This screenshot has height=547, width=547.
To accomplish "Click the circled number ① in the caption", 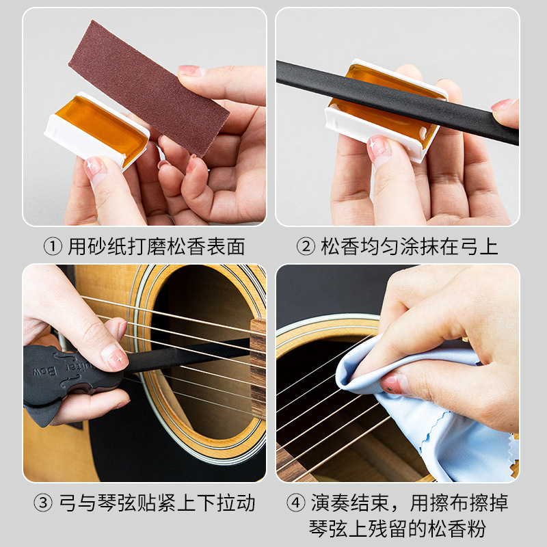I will point(53,247).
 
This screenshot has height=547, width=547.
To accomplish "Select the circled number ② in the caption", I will point(306,247).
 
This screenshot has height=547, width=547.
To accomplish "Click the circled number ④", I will point(295,504).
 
